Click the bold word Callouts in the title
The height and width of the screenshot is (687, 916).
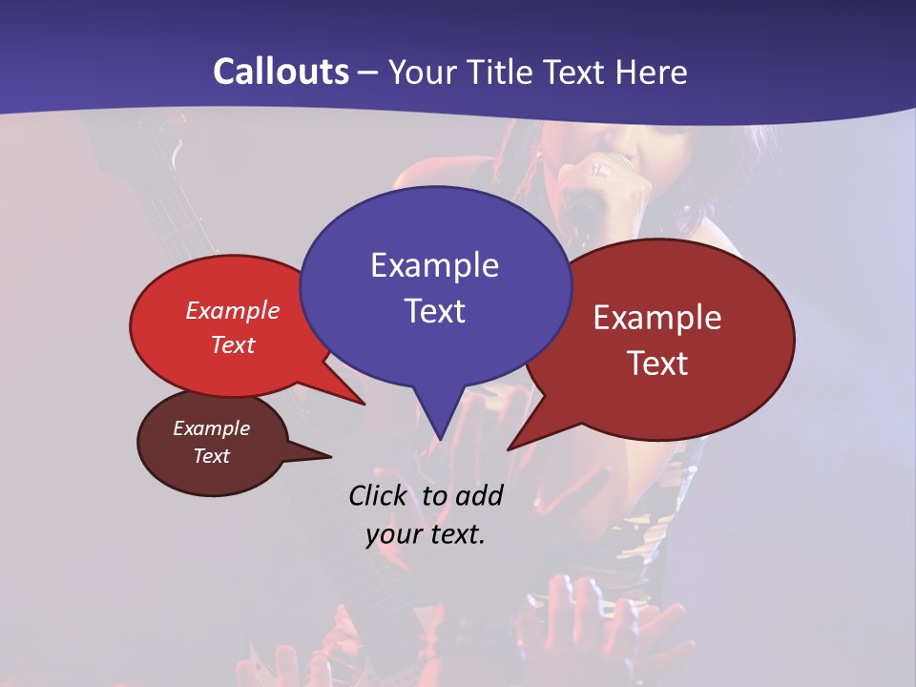coord(281,72)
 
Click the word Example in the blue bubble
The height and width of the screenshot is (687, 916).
coord(434,264)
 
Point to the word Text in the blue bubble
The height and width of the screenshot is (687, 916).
coord(434,310)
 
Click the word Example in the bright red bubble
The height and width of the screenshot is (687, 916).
coord(233,310)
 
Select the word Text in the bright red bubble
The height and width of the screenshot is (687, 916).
coord(233,344)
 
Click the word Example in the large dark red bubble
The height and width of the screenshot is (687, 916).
coord(657,318)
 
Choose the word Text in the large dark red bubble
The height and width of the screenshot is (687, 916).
coord(657,363)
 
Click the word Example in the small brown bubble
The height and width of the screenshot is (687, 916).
coord(211,428)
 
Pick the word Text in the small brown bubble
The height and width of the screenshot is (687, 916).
coord(211,456)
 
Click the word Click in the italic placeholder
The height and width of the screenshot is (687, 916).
coord(380,495)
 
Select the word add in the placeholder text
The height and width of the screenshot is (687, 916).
coord(478,495)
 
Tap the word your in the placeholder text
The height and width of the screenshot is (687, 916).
coord(393,534)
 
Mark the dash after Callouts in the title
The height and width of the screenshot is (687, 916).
coord(369,73)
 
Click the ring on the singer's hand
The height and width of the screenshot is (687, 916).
coord(601,170)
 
